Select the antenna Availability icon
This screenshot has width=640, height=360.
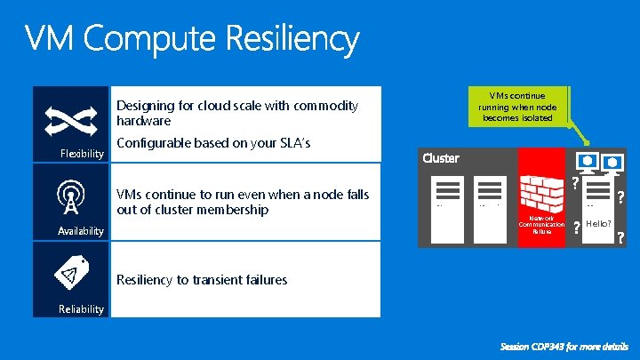point(68,197)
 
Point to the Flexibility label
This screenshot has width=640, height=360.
point(82,154)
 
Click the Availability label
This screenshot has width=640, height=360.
point(81,231)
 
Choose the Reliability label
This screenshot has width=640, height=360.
point(81,309)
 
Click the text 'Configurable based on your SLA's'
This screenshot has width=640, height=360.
point(213,144)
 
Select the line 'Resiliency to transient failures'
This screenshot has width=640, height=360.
point(202,280)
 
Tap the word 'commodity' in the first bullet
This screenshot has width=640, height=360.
point(324,107)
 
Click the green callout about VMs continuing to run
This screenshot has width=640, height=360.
point(517,106)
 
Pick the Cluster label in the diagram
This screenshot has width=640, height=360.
point(441,158)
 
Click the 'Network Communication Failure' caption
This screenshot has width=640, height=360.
point(541,224)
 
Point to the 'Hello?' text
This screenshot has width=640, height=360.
point(597,225)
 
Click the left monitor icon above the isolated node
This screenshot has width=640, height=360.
point(587,162)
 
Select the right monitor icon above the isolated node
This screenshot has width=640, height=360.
point(613,164)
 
